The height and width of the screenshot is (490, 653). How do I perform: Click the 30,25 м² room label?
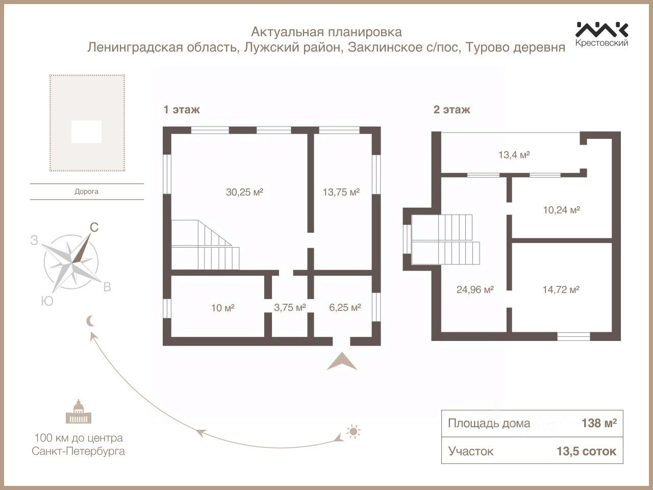244,192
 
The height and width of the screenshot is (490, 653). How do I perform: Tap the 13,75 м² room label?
341,192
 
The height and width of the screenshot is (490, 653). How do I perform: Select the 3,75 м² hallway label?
290,307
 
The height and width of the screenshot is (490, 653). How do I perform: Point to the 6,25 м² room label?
345,307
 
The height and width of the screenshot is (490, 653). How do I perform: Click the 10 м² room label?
222,308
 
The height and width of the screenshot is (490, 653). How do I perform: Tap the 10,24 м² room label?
560,209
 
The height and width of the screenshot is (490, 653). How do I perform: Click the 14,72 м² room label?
560,289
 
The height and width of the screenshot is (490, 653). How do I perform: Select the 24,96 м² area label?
474,289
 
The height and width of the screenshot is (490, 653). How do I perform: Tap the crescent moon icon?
90,321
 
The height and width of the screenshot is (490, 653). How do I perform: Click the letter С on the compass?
94,228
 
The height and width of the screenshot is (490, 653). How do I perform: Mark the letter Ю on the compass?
47,301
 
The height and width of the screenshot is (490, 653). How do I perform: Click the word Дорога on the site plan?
86,192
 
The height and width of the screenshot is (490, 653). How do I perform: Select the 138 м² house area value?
599,423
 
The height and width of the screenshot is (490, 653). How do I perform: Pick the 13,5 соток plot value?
586,451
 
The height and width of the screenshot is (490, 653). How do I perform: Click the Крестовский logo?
601,34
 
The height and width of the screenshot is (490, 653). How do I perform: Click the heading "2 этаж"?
451,109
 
